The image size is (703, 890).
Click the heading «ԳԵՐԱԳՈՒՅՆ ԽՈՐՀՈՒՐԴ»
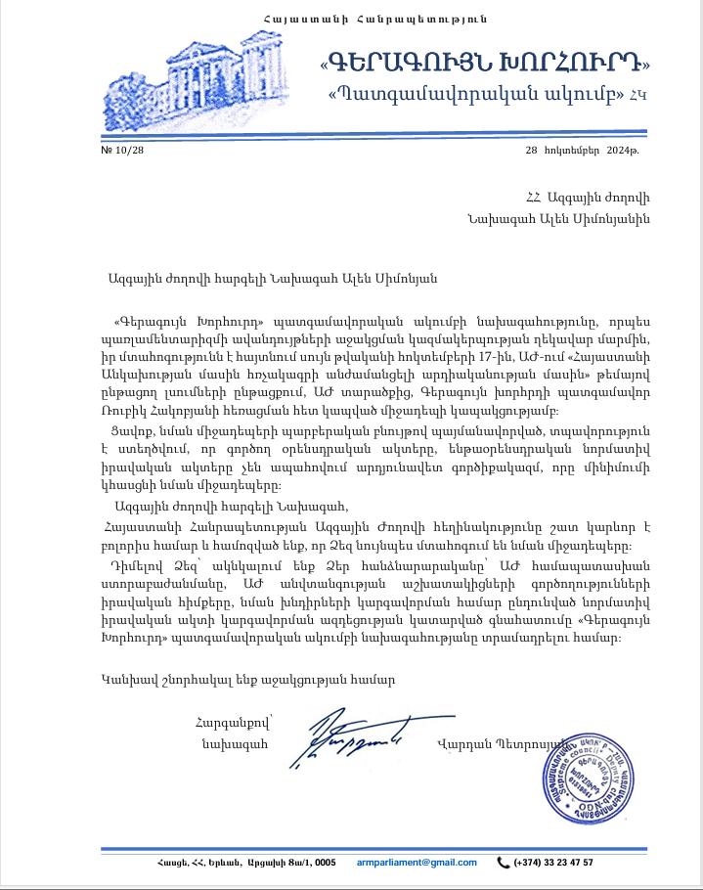[x=485, y=62]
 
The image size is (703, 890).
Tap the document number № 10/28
[x=122, y=150]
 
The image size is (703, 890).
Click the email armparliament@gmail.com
[x=417, y=862]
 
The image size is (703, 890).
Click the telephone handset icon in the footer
[x=504, y=862]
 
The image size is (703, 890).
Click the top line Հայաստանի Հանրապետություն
[x=375, y=19]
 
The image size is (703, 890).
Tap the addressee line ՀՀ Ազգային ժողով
[x=587, y=198]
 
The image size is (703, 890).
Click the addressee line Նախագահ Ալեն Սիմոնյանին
[x=558, y=219]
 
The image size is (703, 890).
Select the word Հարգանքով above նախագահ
[x=232, y=723]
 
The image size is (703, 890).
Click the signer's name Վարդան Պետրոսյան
[x=501, y=744]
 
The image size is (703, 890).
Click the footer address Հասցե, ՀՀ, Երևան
[x=245, y=862]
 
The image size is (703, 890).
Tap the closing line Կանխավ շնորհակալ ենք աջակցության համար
[x=248, y=679]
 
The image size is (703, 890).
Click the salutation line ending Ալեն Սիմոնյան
[x=273, y=278]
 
